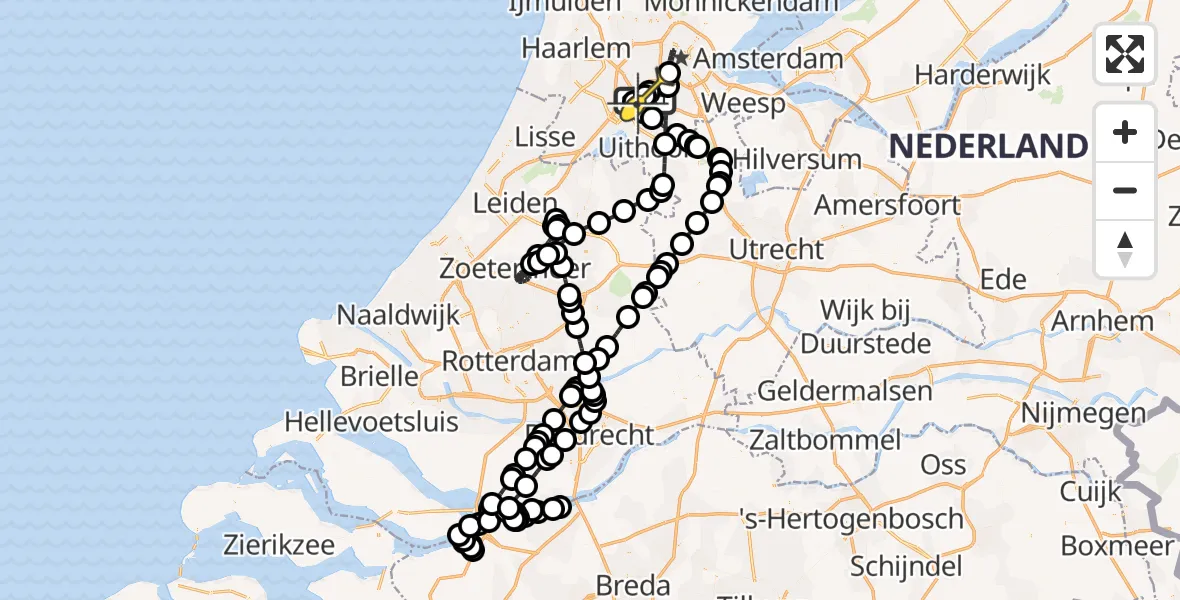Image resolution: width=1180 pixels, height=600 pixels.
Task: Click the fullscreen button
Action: tap(1125, 54)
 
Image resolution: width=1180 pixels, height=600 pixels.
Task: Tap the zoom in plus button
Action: tap(1125, 132)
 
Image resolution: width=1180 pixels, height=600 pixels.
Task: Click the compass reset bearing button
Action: tap(1125, 249)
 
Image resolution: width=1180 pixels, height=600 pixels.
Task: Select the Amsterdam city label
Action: tap(768, 59)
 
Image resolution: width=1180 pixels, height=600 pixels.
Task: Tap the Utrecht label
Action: tap(776, 249)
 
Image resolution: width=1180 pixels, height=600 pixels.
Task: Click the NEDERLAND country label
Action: tap(988, 146)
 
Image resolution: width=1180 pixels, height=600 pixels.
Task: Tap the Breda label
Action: tap(632, 584)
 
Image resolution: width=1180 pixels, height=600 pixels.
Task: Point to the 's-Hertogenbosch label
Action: tap(850, 519)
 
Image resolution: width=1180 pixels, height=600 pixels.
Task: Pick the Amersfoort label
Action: tap(887, 205)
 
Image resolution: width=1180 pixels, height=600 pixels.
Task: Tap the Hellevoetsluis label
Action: tap(371, 421)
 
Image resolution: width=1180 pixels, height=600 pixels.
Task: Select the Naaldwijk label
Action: tap(398, 314)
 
